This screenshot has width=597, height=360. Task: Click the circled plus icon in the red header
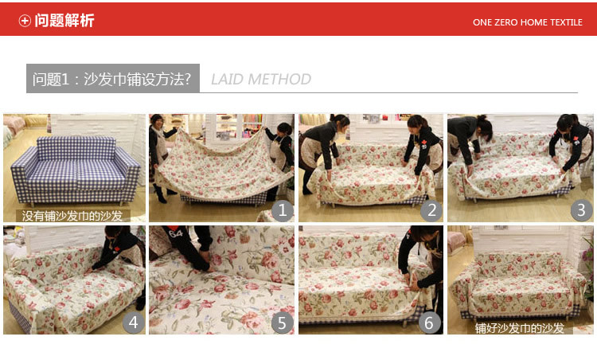click(x=25, y=21)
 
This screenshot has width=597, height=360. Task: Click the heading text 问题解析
click(x=64, y=21)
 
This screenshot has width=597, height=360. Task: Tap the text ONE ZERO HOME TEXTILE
click(x=527, y=22)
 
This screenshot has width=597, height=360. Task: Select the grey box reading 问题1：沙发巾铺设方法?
click(x=113, y=79)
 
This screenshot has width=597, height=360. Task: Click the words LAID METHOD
click(x=261, y=79)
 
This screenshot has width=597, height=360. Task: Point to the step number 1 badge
click(x=282, y=210)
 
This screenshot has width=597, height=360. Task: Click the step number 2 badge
click(x=431, y=210)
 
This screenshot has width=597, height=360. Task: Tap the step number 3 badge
click(x=581, y=210)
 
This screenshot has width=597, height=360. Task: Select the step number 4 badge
click(x=133, y=323)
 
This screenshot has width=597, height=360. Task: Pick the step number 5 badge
click(x=282, y=323)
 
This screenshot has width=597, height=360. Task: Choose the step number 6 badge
click(x=429, y=323)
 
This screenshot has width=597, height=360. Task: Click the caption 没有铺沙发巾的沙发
click(x=72, y=216)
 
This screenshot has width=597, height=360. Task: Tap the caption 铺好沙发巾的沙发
click(x=519, y=328)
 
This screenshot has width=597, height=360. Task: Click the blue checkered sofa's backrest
click(x=76, y=149)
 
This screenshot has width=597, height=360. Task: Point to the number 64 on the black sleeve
click(x=176, y=233)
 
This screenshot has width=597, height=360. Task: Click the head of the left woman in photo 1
click(x=157, y=121)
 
